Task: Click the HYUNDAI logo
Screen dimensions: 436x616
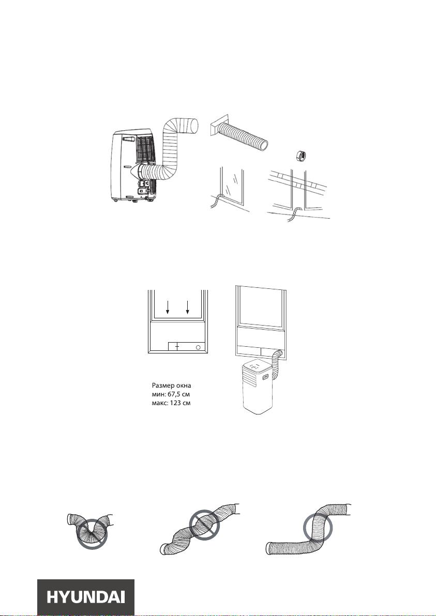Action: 86,597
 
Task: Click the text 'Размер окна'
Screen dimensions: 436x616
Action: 171,386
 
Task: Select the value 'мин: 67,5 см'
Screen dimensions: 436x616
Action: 171,394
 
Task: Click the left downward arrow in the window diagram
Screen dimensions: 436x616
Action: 168,307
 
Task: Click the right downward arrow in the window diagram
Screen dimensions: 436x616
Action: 188,307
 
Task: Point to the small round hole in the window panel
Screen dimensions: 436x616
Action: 198,347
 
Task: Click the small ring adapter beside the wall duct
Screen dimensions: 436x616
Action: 301,155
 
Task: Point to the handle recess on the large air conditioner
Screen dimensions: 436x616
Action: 127,139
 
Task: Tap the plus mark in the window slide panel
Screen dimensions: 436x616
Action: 177,346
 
